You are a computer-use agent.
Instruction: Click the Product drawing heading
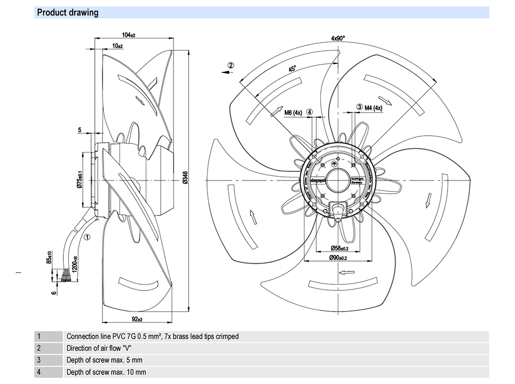pos(67,12)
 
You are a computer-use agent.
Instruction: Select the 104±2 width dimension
pos(128,35)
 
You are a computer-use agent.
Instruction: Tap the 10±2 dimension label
pos(117,46)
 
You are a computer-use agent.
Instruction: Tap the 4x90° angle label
pos(338,38)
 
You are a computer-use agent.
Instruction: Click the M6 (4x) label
pos(293,112)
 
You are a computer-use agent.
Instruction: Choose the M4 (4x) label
pos(373,107)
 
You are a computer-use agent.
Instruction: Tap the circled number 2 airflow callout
pos(231,65)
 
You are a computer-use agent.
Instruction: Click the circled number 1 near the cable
pos(87,237)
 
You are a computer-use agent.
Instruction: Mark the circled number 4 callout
pos(310,112)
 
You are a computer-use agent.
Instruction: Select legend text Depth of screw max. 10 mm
pos(106,372)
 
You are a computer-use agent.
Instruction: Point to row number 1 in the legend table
pos(39,336)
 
